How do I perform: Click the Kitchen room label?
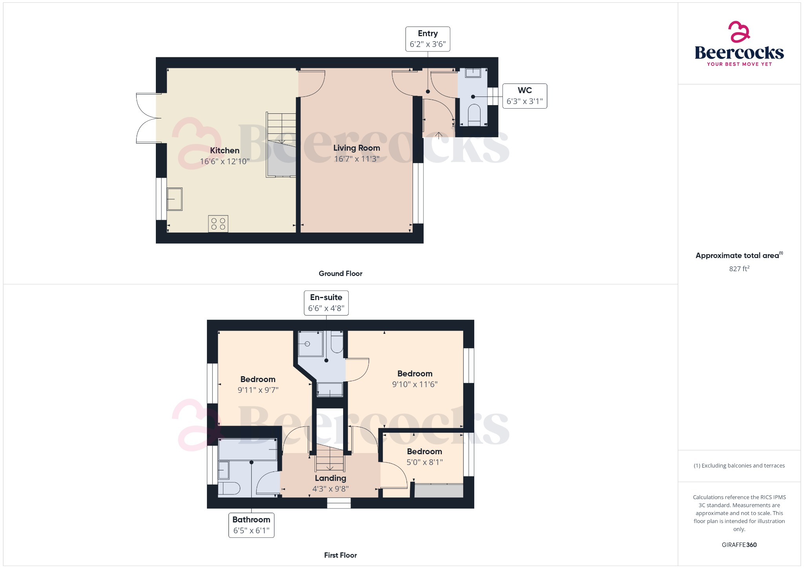[x=225, y=151]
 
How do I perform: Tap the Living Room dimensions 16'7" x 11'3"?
[x=356, y=159]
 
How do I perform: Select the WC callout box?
[x=524, y=96]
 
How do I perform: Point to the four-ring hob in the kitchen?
[x=218, y=224]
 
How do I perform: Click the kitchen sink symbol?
[x=175, y=199]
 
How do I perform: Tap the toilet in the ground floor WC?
[x=474, y=115]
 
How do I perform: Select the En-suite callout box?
[x=326, y=303]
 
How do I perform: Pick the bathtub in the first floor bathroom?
[x=248, y=450]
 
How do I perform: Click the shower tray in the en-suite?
[x=311, y=344]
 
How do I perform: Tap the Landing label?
[x=331, y=478]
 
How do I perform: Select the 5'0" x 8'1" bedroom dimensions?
[x=424, y=462]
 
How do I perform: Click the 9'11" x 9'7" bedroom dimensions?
[x=258, y=390]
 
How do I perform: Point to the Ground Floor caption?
[x=340, y=273]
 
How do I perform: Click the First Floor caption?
[x=340, y=555]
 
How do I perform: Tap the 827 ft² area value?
[x=739, y=269]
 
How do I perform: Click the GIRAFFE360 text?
[x=739, y=545]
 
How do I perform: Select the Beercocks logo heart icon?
[x=739, y=32]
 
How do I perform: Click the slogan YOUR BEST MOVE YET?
[x=739, y=64]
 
